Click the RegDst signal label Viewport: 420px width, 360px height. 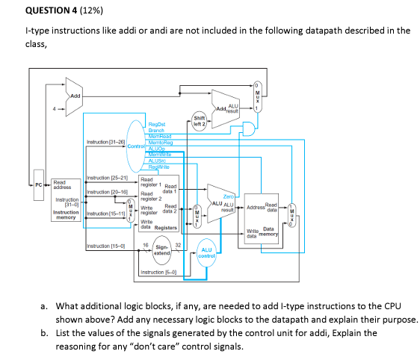(x=158, y=124)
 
